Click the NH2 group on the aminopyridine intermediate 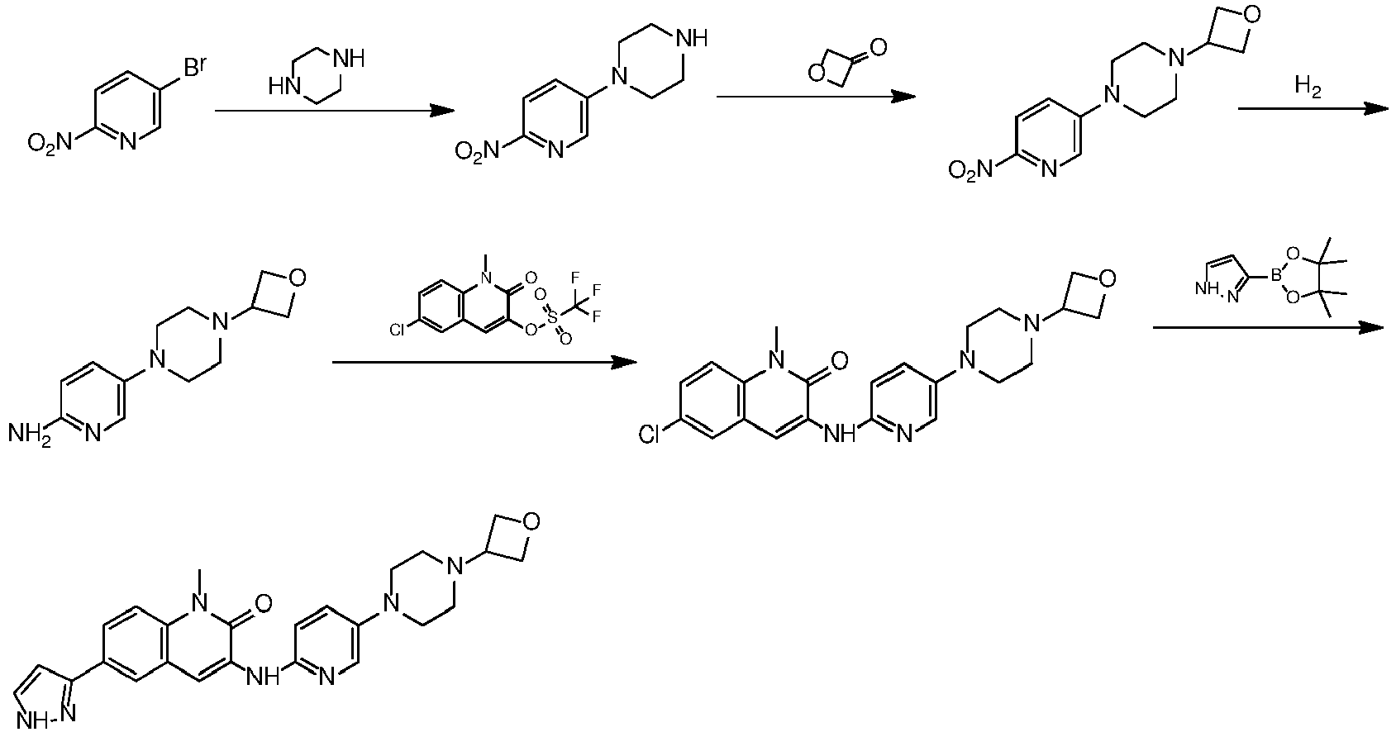[x=29, y=434]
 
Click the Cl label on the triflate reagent [x=397, y=330]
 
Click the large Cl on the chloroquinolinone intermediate [x=650, y=435]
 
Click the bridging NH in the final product [x=262, y=676]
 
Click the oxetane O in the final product [x=531, y=520]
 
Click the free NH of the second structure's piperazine [x=692, y=39]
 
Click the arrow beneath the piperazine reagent [x=335, y=111]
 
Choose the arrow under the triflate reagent [x=485, y=362]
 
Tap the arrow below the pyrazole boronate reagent [x=1269, y=327]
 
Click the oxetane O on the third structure [x=1254, y=13]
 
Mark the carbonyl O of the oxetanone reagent [x=878, y=47]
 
